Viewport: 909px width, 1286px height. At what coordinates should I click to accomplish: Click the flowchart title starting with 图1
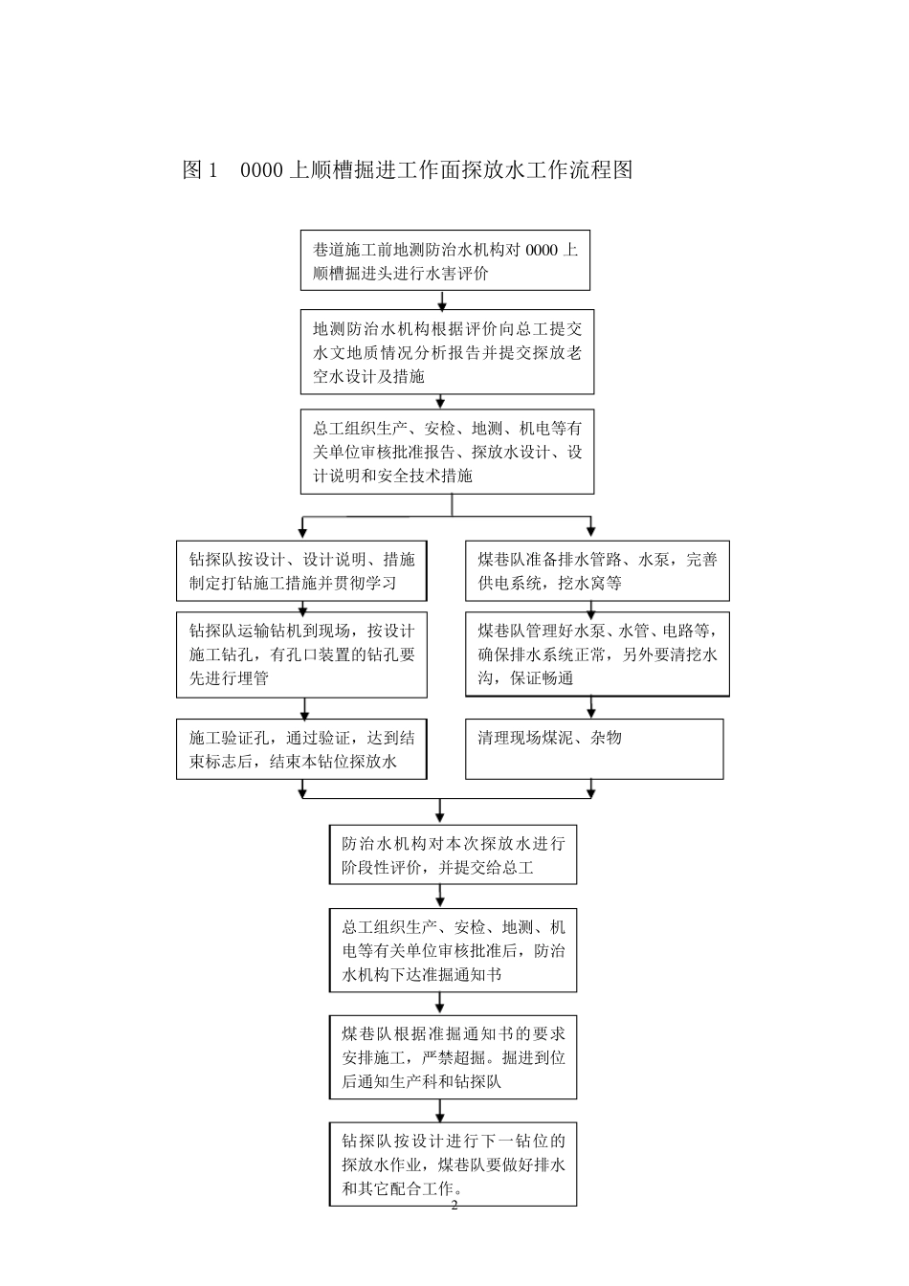point(407,170)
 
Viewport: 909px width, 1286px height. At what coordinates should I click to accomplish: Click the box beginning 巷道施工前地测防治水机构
point(445,260)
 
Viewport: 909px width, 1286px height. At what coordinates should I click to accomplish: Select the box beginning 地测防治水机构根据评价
point(447,351)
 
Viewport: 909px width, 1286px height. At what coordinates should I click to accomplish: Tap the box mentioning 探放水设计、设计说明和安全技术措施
point(447,452)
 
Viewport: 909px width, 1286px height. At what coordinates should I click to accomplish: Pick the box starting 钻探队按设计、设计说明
point(301,571)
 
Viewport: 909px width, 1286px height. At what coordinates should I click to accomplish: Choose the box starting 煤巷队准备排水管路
point(597,571)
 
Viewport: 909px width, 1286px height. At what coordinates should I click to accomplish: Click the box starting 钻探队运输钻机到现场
point(301,654)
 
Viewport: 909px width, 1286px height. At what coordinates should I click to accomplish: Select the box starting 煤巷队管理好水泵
point(597,654)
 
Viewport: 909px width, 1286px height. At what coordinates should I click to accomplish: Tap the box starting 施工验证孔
point(301,749)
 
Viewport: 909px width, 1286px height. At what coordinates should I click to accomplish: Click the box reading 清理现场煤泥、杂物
point(594,749)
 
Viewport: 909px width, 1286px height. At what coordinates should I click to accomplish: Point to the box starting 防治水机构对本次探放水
point(454,855)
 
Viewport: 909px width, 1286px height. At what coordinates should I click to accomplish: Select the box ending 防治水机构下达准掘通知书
point(454,950)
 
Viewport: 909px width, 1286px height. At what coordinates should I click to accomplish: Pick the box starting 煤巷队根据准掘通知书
point(454,1057)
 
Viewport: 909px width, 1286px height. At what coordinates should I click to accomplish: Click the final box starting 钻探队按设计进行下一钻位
point(454,1164)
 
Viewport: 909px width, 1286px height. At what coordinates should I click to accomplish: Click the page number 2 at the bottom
point(454,1206)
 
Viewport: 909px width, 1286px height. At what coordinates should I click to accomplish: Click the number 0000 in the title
point(261,170)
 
